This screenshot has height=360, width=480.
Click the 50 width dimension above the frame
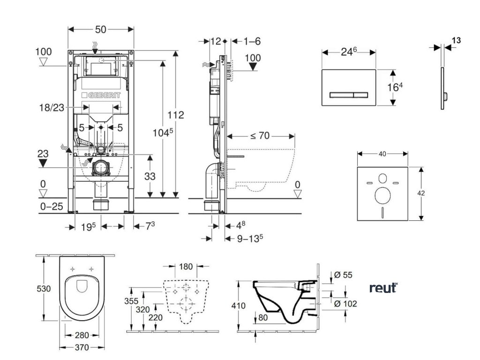coord(101,29)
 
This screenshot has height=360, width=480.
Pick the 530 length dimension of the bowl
coord(44,289)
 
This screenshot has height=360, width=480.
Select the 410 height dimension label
coord(239,305)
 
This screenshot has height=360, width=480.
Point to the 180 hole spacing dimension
coord(186,267)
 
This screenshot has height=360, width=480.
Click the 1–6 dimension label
coord(252,41)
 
